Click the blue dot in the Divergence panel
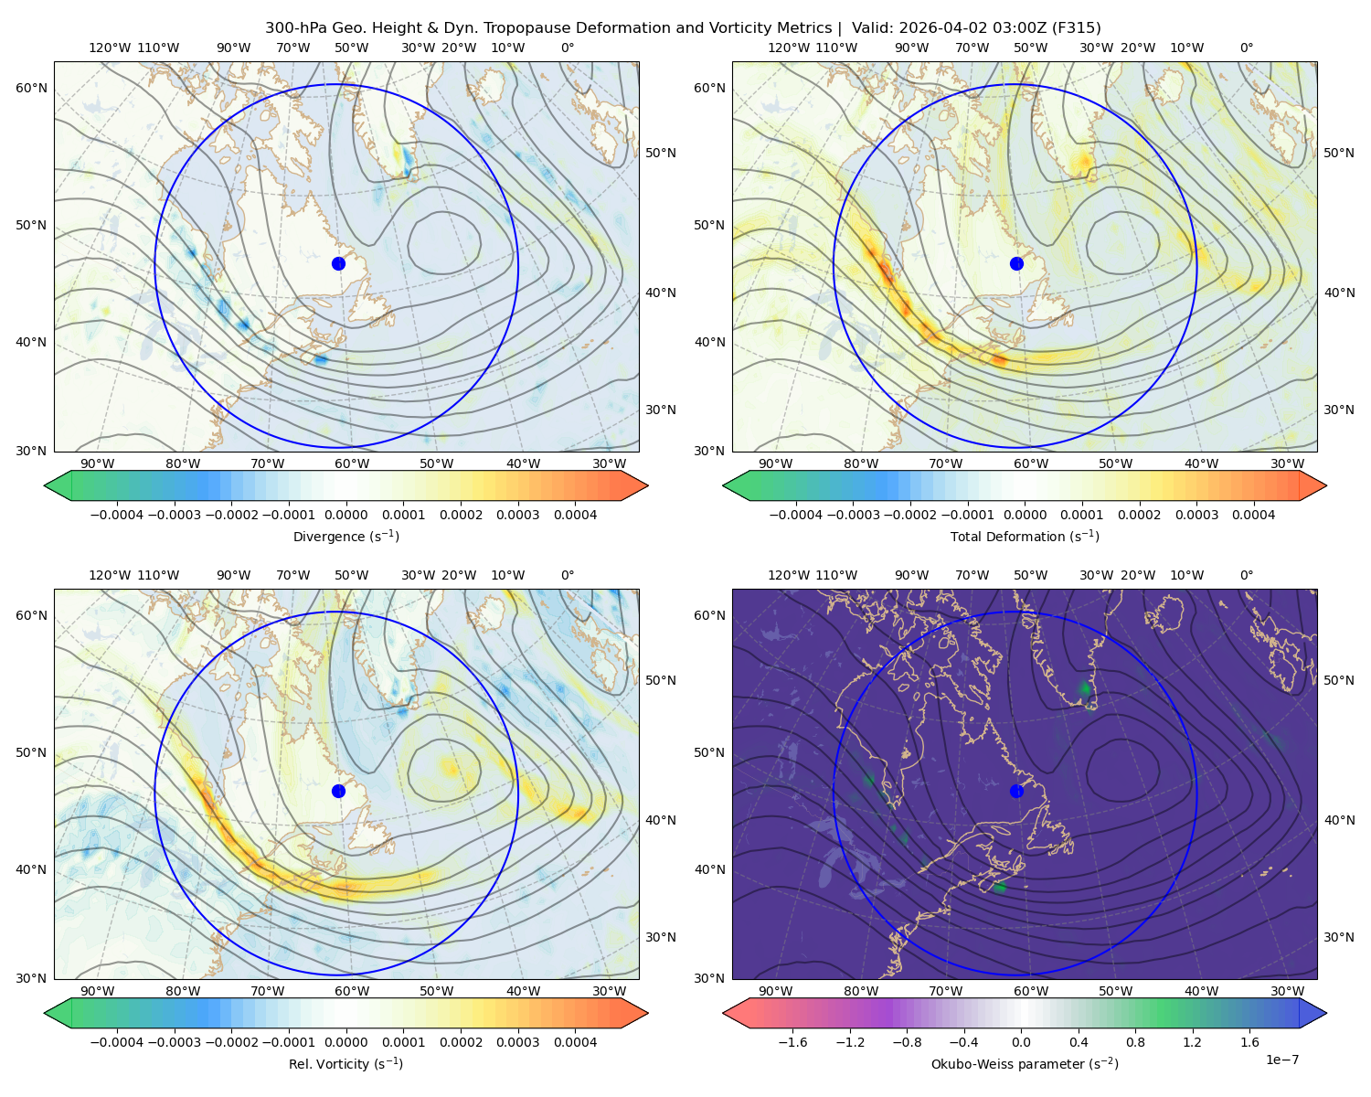click(338, 263)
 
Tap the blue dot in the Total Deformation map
click(1016, 263)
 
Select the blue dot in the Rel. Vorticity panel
click(338, 791)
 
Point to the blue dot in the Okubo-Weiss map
click(1016, 791)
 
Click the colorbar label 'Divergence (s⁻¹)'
click(345, 536)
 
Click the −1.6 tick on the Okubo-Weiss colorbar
click(792, 1042)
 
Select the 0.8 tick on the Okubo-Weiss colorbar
click(1135, 1042)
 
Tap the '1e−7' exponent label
click(1281, 1060)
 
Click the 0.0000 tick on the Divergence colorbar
click(345, 515)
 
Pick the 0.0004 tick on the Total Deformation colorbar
click(1254, 515)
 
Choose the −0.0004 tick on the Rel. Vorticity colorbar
click(117, 1042)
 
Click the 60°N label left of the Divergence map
click(31, 88)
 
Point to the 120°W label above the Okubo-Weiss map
click(788, 575)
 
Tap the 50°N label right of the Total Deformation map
click(1339, 153)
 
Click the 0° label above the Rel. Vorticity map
click(568, 575)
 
